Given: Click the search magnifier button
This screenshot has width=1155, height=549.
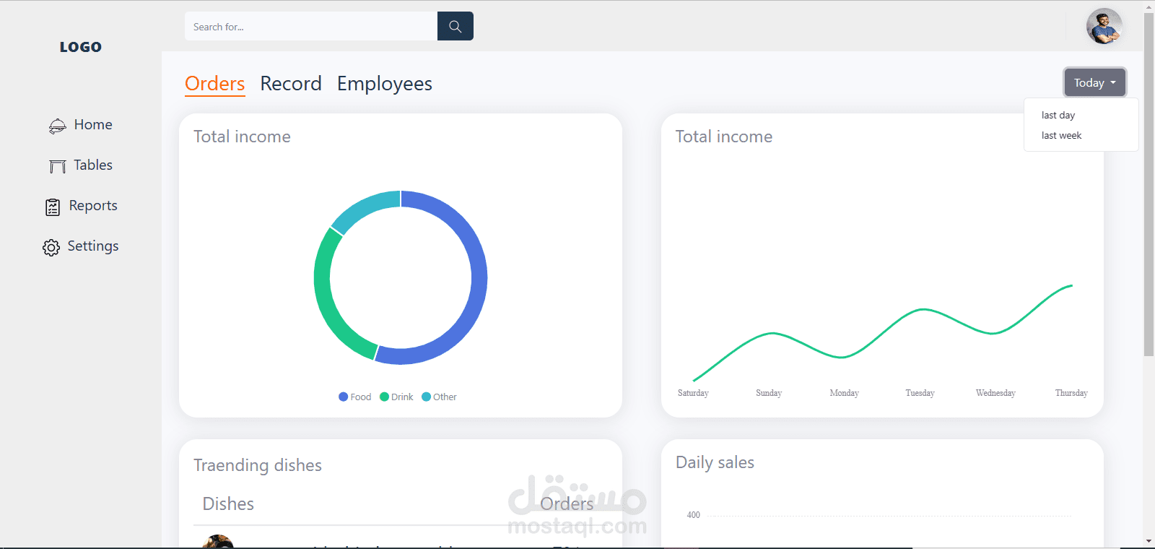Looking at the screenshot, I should (x=455, y=26).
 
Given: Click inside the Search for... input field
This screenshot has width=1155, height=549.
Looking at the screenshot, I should (x=310, y=27).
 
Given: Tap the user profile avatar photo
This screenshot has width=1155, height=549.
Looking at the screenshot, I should (x=1104, y=27).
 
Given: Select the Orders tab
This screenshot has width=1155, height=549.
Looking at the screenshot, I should (x=214, y=84).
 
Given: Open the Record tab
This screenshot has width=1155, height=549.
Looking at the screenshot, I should (x=291, y=84).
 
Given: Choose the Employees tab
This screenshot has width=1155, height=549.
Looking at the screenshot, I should (x=384, y=84).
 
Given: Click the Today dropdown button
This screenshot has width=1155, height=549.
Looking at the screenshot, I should (x=1094, y=82).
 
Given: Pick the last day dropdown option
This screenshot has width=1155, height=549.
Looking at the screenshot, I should (x=1058, y=115).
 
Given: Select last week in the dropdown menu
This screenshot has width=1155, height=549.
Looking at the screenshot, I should (x=1061, y=135).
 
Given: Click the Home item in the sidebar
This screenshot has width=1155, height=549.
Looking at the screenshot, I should (x=92, y=125).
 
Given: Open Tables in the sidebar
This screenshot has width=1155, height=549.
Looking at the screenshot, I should (x=92, y=165).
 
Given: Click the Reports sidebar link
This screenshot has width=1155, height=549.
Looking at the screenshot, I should (x=92, y=206).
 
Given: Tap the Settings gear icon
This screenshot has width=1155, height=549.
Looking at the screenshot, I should (x=51, y=248).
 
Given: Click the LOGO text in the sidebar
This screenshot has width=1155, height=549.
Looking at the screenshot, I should (x=81, y=47).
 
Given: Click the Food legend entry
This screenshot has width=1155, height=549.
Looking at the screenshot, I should (x=355, y=397).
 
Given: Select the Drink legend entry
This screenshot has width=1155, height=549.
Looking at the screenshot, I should (x=397, y=397).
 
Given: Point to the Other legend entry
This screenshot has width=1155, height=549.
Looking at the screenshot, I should (x=440, y=397).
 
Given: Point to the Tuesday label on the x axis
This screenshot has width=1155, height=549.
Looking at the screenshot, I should (x=920, y=393).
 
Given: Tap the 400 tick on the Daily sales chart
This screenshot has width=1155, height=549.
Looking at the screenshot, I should (x=693, y=515).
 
